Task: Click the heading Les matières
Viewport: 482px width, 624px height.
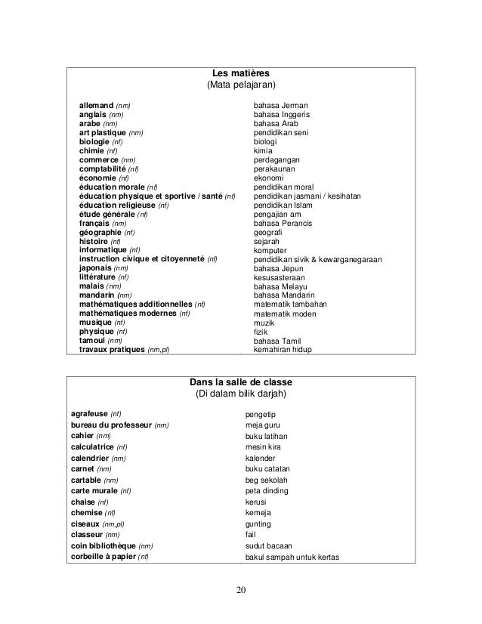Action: point(241,73)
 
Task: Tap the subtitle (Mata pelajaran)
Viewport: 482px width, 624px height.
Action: point(241,85)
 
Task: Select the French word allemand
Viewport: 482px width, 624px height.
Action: point(96,105)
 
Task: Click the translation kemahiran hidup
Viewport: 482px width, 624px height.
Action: point(283,350)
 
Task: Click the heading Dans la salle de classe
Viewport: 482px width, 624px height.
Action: point(240,381)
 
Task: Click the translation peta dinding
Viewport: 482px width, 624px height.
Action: point(267,491)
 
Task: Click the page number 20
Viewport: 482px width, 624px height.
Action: point(241,590)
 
